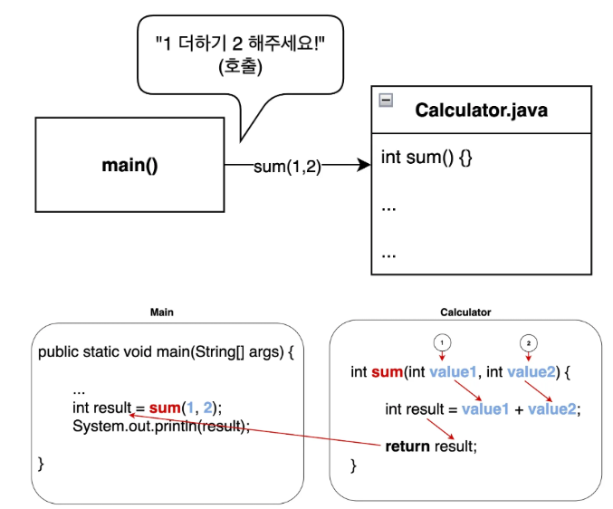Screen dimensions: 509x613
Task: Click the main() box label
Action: pos(129,165)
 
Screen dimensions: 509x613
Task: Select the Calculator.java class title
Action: pos(481,110)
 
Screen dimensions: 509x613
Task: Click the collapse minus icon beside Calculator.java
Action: pos(386,101)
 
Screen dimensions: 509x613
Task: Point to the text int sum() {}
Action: pos(426,158)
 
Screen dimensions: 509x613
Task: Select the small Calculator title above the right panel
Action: pos(465,312)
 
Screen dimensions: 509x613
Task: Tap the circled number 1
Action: pos(442,342)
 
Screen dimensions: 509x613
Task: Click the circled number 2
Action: pos(529,342)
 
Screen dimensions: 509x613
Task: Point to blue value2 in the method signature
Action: pos(531,372)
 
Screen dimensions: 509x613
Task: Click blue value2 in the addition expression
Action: pos(551,409)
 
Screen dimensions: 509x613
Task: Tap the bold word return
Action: pos(407,446)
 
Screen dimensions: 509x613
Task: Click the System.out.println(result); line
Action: pos(161,426)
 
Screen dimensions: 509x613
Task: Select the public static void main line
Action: pos(166,351)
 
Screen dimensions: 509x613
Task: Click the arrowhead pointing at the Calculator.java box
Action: pos(366,165)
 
